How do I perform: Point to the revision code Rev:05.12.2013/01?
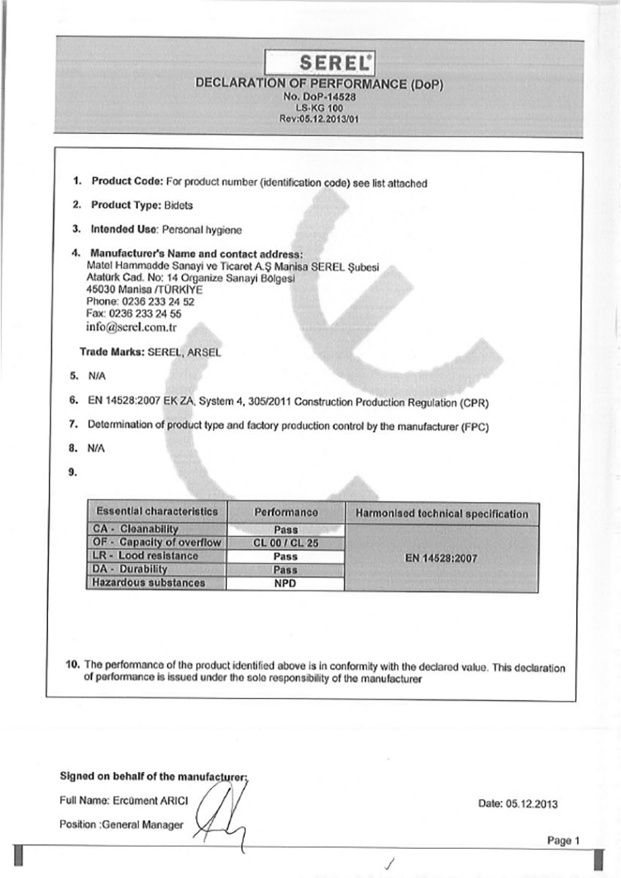click(x=320, y=117)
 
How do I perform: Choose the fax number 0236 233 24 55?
click(x=150, y=312)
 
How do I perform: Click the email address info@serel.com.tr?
click(x=131, y=326)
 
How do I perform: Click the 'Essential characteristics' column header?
click(x=157, y=511)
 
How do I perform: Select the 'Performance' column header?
click(x=285, y=513)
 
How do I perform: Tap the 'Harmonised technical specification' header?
click(x=441, y=514)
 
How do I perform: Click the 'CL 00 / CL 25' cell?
click(x=285, y=543)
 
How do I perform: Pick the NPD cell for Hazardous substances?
click(x=285, y=584)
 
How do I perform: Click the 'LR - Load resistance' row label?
click(x=137, y=556)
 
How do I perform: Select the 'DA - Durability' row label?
click(x=131, y=569)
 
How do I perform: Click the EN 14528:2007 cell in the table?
click(x=441, y=558)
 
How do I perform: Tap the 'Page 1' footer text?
click(x=563, y=841)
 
